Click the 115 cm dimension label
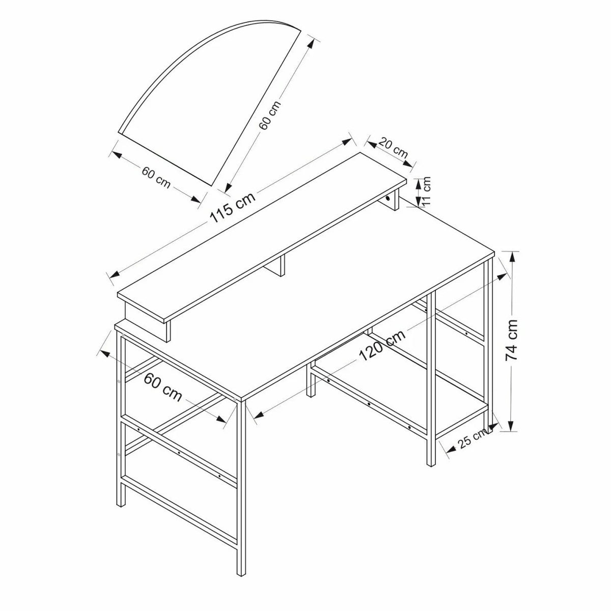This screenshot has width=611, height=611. click(233, 207)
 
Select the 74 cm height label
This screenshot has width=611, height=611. click(511, 340)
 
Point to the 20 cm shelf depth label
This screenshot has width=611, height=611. click(394, 148)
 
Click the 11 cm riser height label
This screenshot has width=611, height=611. click(427, 191)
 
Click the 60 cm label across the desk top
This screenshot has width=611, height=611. click(163, 387)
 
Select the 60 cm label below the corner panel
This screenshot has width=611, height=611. click(156, 177)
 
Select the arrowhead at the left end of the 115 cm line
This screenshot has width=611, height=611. click(114, 273)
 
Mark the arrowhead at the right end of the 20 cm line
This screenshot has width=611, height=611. click(409, 164)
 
